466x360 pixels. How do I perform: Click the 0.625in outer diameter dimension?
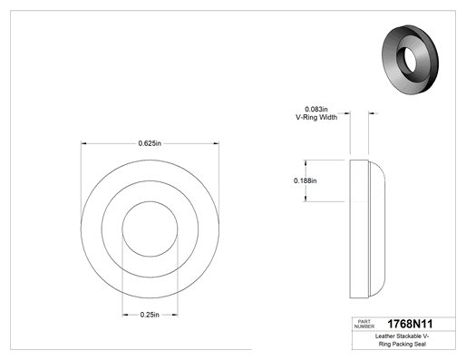tap(150, 143)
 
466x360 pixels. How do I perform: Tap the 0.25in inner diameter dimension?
tap(150, 315)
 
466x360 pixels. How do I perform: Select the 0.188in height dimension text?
tap(306, 180)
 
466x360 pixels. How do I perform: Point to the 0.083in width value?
tap(316, 109)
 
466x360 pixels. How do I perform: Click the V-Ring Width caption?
tap(316, 117)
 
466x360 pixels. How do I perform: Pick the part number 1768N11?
tap(410, 324)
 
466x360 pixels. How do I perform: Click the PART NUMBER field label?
tap(364, 324)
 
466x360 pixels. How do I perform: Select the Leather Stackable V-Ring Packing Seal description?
tap(403, 340)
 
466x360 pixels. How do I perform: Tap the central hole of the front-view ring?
tap(150, 229)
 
